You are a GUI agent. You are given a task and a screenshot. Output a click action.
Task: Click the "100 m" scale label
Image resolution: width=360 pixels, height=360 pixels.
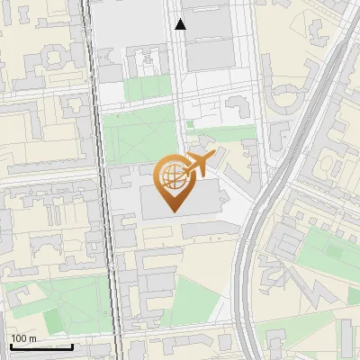pos(24,338)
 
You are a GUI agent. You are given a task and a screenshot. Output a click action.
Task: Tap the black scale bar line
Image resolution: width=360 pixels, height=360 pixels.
pos(40,346)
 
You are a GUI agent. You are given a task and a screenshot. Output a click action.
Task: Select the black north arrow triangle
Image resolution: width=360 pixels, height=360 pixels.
pos(181,25)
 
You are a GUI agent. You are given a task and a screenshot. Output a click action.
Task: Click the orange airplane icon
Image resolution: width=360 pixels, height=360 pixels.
pos(200,164)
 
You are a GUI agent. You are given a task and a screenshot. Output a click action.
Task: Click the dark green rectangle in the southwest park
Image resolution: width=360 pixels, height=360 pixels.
pos(51,319)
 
